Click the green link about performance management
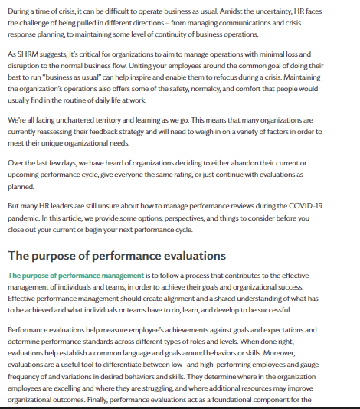(x=75, y=275)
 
